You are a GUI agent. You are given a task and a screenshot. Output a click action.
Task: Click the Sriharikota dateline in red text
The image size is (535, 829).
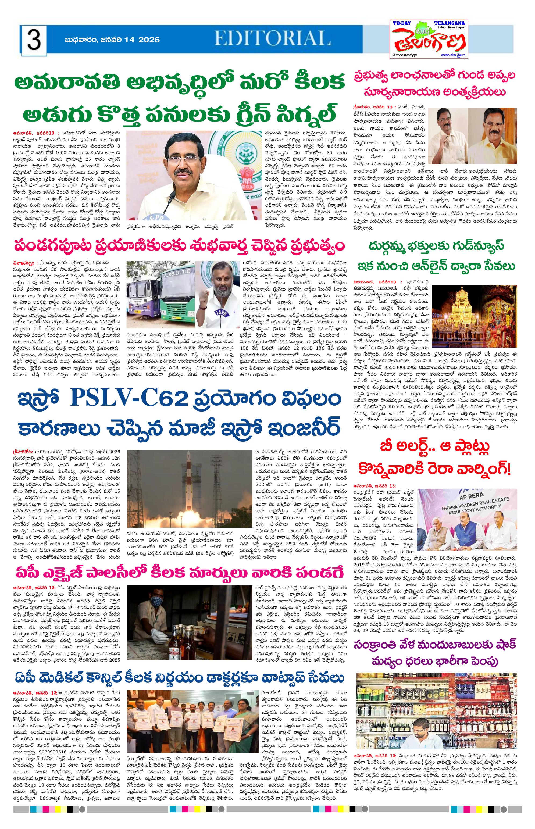(23, 452)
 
